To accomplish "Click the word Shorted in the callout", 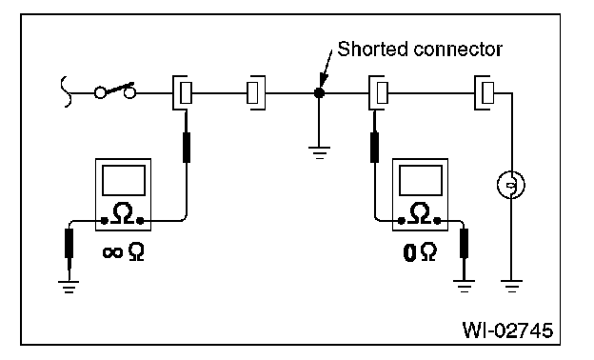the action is point(373,49).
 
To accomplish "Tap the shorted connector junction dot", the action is point(319,92).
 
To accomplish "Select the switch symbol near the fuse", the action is point(115,90).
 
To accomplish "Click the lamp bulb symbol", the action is point(511,185).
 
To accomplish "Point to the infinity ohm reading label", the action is point(124,251).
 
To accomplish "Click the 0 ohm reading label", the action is point(420,252).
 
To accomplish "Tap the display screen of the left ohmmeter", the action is point(124,180).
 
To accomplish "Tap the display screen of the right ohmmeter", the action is point(421,180).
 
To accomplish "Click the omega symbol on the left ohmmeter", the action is point(123,213).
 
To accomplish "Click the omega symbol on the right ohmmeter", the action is point(420,213).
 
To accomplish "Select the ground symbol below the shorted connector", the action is point(319,152).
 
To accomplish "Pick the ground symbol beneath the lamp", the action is point(511,286).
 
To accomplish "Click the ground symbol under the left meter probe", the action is point(69,287).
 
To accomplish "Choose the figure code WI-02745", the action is point(507,330).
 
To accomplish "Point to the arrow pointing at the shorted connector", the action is point(327,69).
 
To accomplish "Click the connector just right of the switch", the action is point(182,92).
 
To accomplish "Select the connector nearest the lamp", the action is point(485,92).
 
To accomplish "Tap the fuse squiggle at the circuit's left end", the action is point(67,91).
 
